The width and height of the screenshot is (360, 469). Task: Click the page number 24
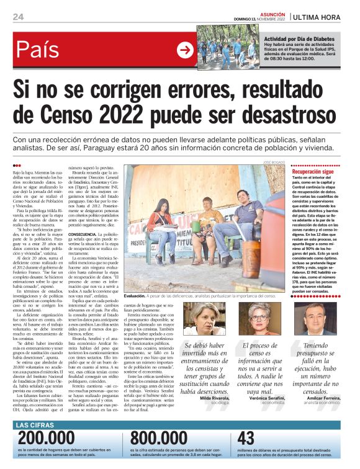(18, 17)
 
